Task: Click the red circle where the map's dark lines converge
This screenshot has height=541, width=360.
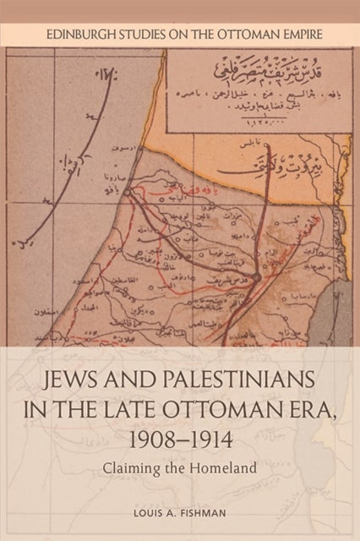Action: tap(254, 276)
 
